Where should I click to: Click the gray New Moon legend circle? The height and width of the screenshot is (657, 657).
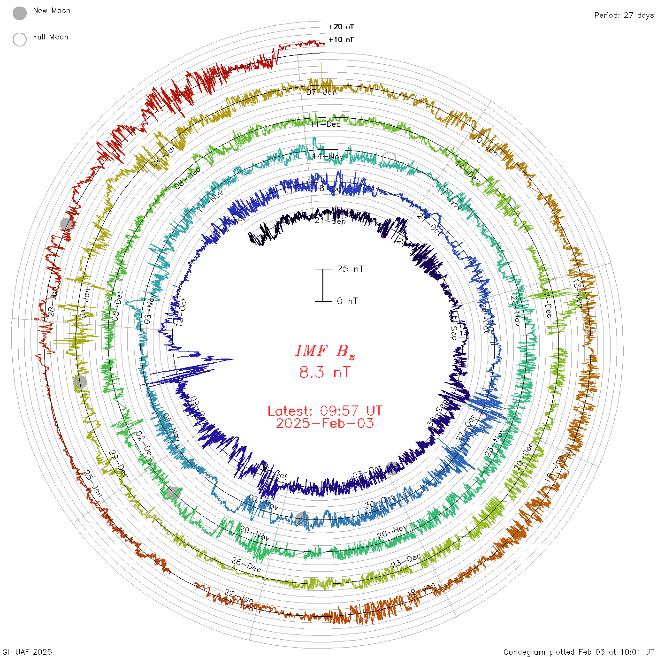(20, 13)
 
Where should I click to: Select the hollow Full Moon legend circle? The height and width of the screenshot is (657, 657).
(20, 39)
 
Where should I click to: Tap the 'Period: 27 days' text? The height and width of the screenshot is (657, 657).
(624, 15)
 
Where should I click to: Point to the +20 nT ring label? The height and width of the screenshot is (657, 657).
(341, 27)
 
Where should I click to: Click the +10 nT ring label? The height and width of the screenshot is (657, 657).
(341, 39)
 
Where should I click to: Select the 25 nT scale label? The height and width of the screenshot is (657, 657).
(350, 269)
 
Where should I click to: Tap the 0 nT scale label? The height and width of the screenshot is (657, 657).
(347, 301)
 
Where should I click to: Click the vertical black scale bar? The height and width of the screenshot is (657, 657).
(323, 285)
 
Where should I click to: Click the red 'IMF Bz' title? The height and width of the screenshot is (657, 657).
(325, 351)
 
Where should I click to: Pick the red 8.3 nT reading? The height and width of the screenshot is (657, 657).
(325, 372)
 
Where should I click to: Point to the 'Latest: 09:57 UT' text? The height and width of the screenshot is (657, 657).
(325, 411)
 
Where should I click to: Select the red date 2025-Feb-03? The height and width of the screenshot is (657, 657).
(325, 423)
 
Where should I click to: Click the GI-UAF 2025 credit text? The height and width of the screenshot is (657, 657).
(26, 652)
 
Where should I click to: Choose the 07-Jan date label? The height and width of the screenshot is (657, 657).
(322, 92)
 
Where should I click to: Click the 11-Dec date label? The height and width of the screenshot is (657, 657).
(326, 124)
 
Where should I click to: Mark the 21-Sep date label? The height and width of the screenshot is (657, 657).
(330, 221)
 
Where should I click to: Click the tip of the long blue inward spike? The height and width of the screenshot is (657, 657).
(233, 359)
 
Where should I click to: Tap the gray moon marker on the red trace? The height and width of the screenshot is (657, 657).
(67, 224)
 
